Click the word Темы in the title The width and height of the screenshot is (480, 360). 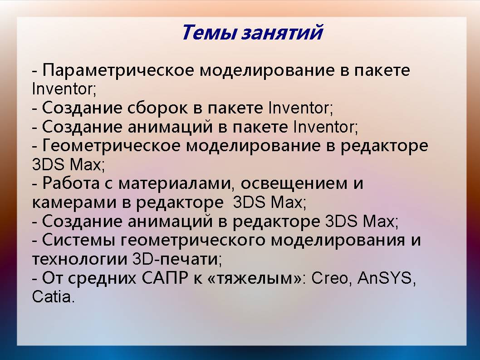pos(209,33)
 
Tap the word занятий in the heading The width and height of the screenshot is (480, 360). pos(282,33)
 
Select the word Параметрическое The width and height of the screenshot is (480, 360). pos(118,70)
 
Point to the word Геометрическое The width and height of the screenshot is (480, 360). pos(111,146)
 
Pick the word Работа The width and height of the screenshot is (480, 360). pos(71,183)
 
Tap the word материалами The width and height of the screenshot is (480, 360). pos(176,184)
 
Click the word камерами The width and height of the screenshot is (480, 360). pos(74,202)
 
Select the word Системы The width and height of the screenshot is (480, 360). pos(78,240)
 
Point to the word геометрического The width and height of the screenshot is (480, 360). pos(193,241)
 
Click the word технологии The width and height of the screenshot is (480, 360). pos(79,259)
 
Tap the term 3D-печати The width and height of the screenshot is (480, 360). pos(176,259)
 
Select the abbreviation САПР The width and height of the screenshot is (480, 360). pos(165,278)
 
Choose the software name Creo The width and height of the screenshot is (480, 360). pos(329,278)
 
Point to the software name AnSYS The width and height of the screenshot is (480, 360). pos(384,278)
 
